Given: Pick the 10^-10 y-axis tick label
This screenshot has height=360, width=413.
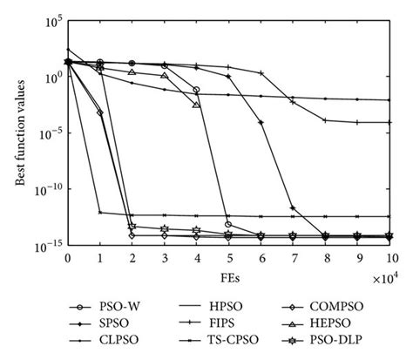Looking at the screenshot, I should pos(49,189).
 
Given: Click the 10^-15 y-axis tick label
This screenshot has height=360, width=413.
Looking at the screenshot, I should pos(49,247).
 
